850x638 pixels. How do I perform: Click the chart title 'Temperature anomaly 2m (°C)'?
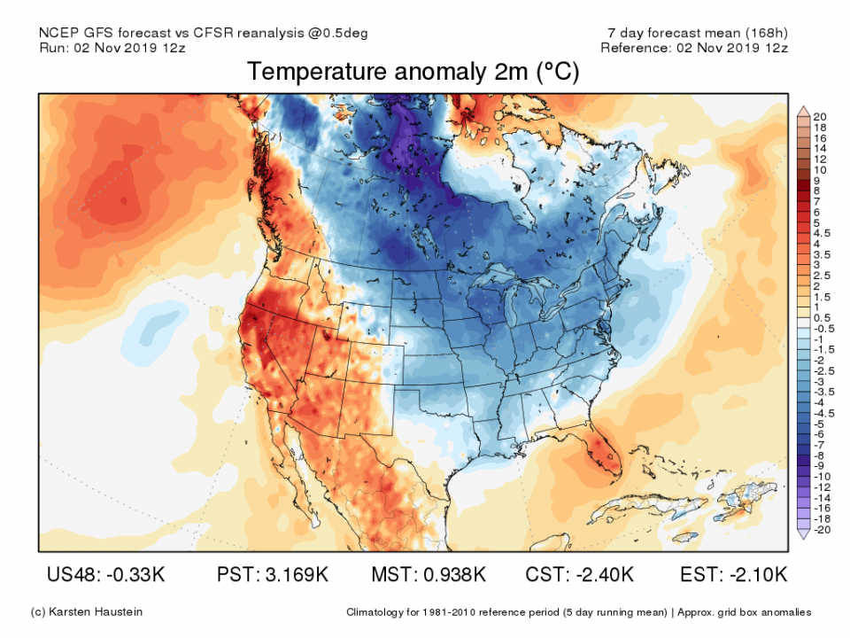click(x=413, y=73)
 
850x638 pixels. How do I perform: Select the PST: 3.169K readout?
click(x=273, y=575)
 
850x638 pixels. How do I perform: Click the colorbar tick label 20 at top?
click(x=820, y=117)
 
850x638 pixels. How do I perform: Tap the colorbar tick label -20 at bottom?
click(x=822, y=529)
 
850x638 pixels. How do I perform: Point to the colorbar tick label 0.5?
click(x=822, y=318)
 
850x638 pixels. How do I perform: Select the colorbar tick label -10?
click(x=822, y=476)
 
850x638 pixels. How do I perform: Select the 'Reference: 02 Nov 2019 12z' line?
click(x=693, y=47)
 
